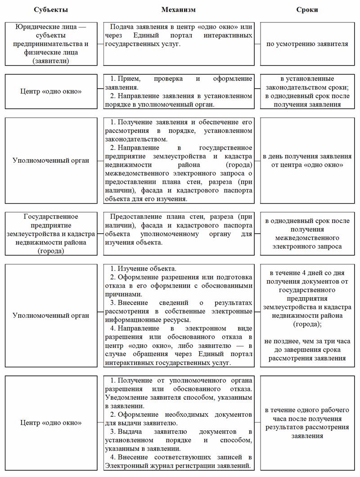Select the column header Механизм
pyautogui.click(x=179, y=9)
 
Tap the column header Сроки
pyautogui.click(x=308, y=9)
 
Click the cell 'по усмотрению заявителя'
pyautogui.click(x=308, y=44)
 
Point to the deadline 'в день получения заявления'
pyautogui.click(x=308, y=156)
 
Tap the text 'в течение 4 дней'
pyautogui.click(x=308, y=272)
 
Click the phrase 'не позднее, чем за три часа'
pyautogui.click(x=308, y=341)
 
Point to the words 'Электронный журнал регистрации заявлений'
pyautogui.click(x=178, y=465)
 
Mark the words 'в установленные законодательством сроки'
pyautogui.click(x=308, y=83)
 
